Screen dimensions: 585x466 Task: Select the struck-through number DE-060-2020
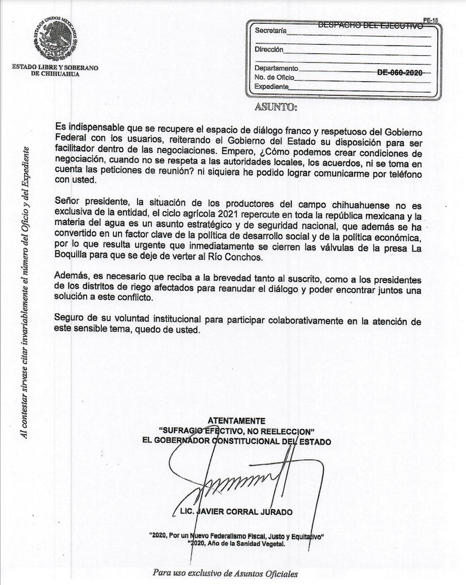pyautogui.click(x=400, y=73)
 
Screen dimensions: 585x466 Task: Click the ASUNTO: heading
pyautogui.click(x=276, y=107)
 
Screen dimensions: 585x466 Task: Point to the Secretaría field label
pyautogui.click(x=270, y=30)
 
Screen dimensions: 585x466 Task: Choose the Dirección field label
pyautogui.click(x=269, y=49)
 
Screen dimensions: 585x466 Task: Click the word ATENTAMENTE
pyautogui.click(x=236, y=420)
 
